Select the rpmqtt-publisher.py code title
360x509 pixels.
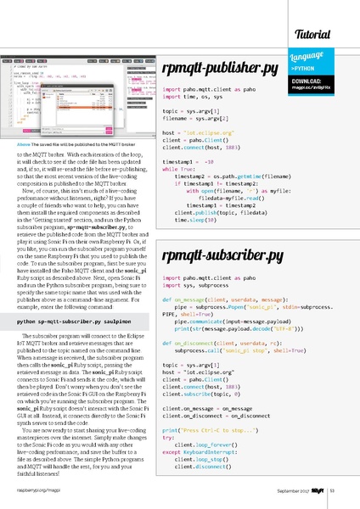coord(220,70)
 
